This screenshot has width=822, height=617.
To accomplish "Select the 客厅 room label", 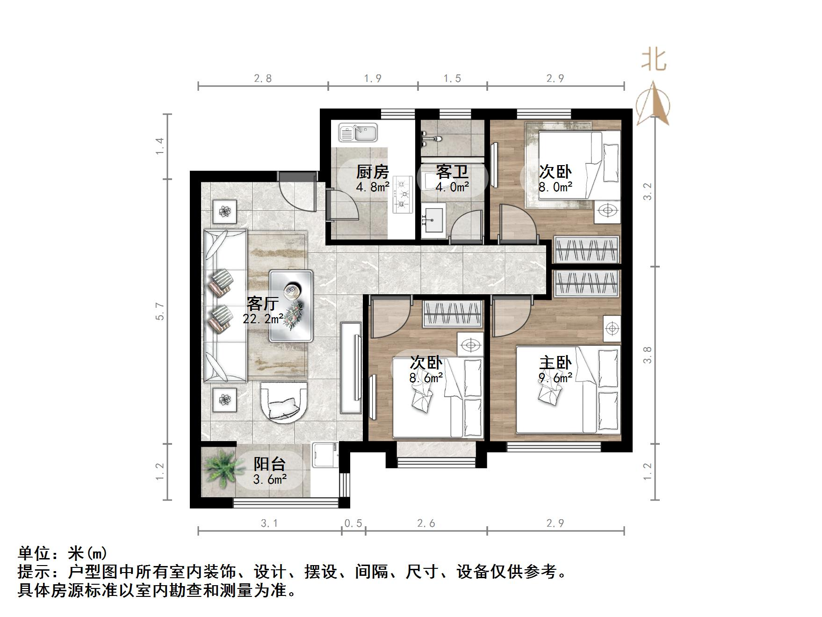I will click(263, 304).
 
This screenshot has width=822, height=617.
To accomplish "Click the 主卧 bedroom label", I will click(555, 363).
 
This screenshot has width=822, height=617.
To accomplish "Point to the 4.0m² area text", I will click(452, 187).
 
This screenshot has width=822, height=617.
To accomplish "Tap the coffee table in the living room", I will click(291, 305).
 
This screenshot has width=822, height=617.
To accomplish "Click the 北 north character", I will click(653, 60).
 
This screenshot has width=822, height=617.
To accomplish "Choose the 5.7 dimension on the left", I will click(160, 311).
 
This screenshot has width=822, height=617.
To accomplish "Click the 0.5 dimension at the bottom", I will click(353, 523).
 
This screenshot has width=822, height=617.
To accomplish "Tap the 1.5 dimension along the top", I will click(452, 78).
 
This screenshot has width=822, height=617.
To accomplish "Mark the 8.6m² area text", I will click(426, 377).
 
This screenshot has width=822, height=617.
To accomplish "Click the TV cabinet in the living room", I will click(351, 368).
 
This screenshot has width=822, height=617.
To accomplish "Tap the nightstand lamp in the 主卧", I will click(612, 328).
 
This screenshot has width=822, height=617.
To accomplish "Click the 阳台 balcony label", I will click(270, 464).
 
